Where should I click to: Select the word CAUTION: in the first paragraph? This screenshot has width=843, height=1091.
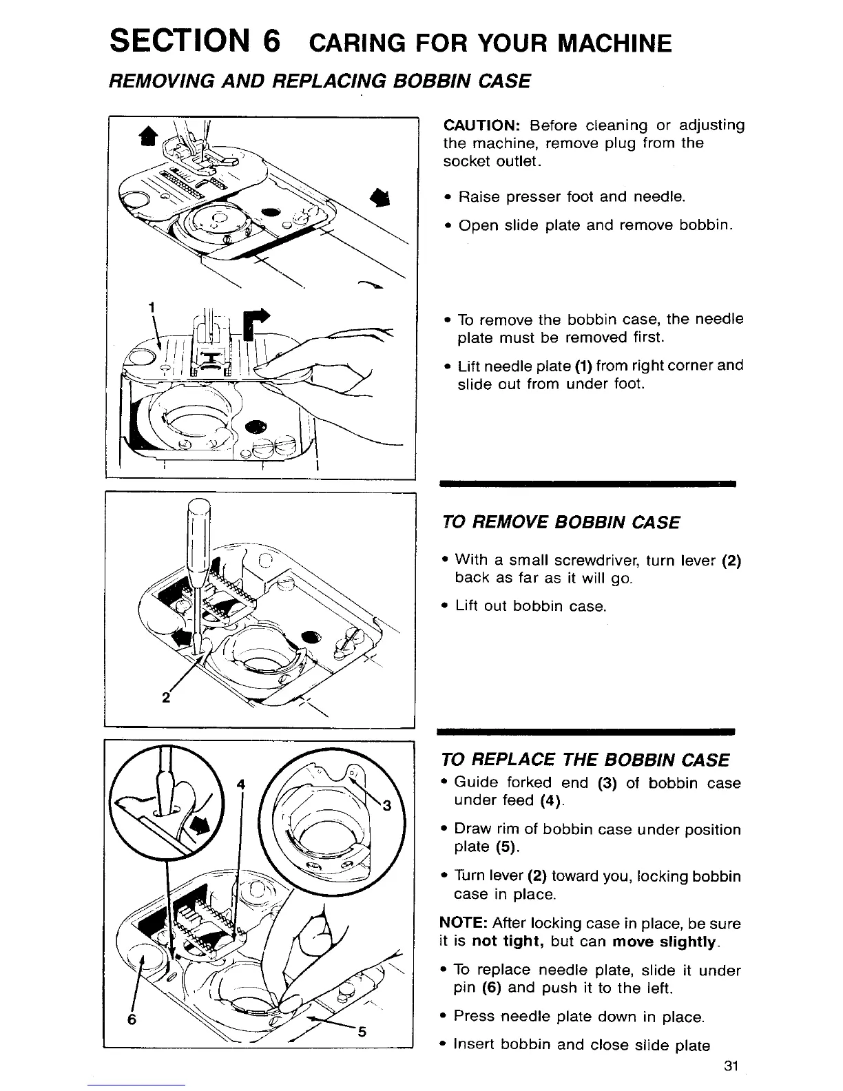[x=481, y=125]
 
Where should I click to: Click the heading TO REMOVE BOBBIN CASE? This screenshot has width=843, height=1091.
[x=561, y=523]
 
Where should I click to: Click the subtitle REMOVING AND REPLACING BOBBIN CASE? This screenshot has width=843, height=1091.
[x=320, y=81]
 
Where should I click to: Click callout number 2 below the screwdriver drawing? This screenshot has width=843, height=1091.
[x=165, y=696]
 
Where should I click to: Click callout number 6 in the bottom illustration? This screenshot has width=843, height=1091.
[x=131, y=1019]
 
